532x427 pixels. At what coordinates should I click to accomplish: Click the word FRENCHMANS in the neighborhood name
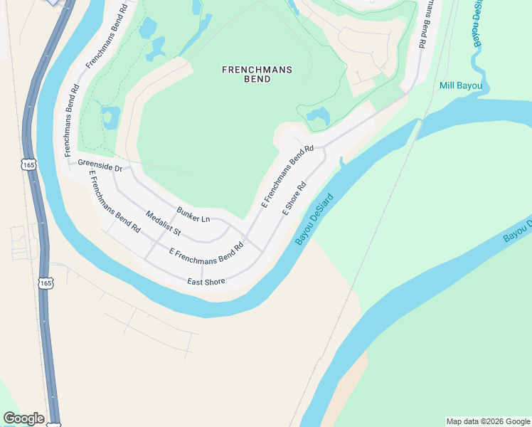[257, 70]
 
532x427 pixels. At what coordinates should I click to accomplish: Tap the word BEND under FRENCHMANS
[257, 79]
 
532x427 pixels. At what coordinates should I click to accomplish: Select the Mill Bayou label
[461, 86]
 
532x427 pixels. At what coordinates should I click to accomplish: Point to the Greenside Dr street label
[100, 166]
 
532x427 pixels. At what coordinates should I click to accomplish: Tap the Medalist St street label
[164, 223]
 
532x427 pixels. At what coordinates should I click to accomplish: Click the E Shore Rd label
[294, 199]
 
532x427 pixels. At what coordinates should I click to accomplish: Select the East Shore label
[206, 282]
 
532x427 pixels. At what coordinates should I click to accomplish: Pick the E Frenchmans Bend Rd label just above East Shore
[206, 252]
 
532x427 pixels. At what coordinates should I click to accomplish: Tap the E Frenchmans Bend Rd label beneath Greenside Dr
[113, 203]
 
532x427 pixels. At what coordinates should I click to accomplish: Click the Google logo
[23, 418]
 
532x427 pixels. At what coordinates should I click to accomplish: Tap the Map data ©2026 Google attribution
[488, 421]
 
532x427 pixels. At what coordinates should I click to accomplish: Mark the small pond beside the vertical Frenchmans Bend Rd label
[110, 117]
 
